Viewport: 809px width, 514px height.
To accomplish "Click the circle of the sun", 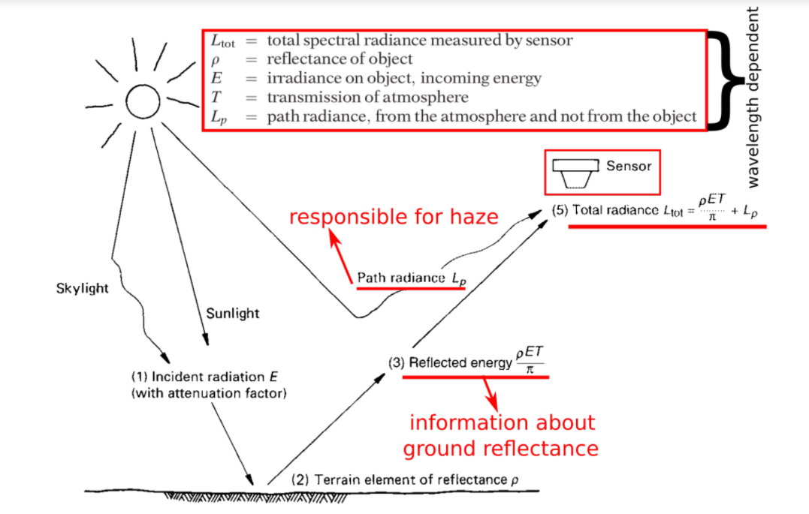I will [143, 100].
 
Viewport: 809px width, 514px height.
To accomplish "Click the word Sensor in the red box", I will [628, 166].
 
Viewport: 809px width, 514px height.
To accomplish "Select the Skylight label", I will [82, 288].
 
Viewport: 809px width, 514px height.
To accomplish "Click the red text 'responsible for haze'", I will [394, 218].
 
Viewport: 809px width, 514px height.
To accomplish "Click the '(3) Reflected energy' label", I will [450, 362].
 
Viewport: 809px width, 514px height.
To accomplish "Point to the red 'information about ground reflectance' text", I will [501, 435].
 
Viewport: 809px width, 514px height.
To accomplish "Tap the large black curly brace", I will [723, 80].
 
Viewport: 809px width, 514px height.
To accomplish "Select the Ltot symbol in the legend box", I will [223, 42].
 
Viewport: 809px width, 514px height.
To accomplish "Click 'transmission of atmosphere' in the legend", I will [367, 98].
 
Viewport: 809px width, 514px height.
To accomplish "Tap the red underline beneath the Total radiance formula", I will [666, 225].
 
